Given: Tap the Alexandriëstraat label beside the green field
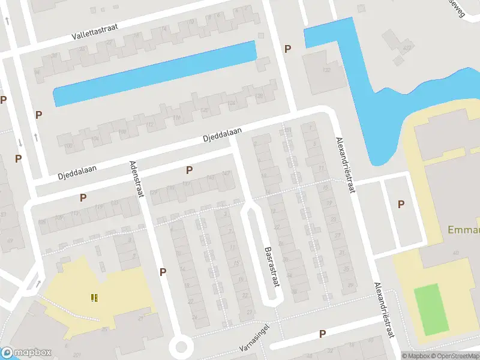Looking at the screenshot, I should click(386, 312).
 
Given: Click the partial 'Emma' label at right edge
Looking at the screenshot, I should click(463, 230).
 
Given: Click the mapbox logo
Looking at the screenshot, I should click(26, 353).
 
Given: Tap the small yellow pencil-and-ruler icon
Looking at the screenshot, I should click(94, 297).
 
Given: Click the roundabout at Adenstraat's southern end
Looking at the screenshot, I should click(181, 346).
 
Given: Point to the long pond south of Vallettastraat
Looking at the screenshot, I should click(155, 74).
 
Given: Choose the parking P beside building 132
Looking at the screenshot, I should click(288, 49).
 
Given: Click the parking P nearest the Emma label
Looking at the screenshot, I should click(401, 205).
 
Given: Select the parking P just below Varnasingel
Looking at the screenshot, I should click(322, 334).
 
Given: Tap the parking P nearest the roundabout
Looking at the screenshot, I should click(163, 272).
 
